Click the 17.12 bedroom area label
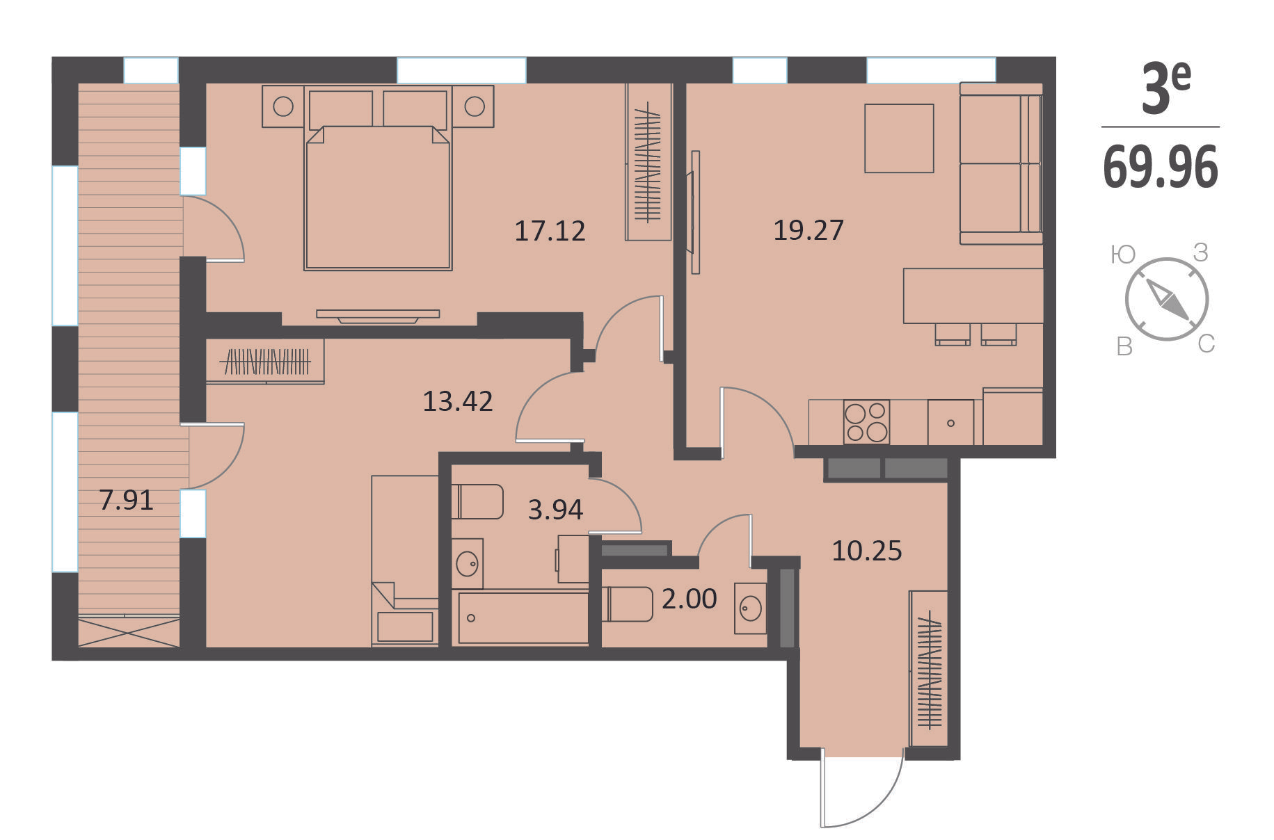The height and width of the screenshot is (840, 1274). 550,231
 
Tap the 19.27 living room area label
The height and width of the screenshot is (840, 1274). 809,229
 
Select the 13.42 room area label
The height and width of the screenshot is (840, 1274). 458,401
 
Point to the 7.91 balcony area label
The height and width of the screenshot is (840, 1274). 126,500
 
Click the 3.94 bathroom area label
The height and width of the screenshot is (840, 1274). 555,510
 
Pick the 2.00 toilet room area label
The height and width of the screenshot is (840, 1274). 689,599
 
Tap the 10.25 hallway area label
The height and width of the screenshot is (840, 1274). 867,551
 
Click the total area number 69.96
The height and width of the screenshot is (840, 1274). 1161,168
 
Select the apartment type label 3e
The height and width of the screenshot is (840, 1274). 1166,88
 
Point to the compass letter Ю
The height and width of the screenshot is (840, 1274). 1123,255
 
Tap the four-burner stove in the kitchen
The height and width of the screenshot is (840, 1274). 866,421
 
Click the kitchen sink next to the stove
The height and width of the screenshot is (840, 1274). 950,422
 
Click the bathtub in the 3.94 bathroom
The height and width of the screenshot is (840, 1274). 520,617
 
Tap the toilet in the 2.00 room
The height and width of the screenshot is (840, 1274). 627,604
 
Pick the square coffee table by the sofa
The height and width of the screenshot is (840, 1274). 899,138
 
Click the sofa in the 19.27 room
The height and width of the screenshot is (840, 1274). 1001,163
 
